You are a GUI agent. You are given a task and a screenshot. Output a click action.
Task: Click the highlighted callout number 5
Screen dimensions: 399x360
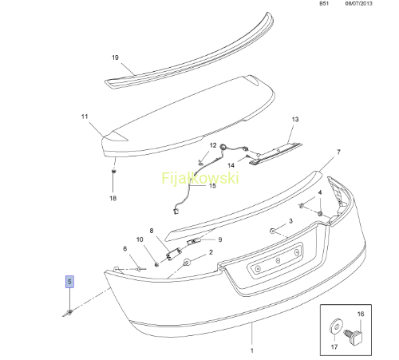click(x=69, y=282)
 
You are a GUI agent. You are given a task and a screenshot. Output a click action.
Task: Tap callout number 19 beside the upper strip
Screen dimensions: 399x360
click(x=115, y=57)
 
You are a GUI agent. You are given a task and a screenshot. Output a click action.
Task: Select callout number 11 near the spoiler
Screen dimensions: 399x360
click(x=85, y=117)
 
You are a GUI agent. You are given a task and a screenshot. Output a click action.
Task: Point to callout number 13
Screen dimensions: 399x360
click(x=295, y=119)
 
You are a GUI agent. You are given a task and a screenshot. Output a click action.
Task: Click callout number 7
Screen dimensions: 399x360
click(x=338, y=152)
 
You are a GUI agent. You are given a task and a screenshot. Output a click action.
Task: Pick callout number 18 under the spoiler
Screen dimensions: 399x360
click(x=113, y=198)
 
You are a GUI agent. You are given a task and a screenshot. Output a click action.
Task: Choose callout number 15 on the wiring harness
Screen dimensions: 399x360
click(x=212, y=185)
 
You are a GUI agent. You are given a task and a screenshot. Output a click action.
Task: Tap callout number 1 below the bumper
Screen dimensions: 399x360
click(x=252, y=350)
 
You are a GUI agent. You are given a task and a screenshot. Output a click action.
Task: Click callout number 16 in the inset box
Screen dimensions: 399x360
click(x=361, y=314)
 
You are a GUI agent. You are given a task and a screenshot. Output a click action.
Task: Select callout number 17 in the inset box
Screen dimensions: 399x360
click(x=334, y=347)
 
